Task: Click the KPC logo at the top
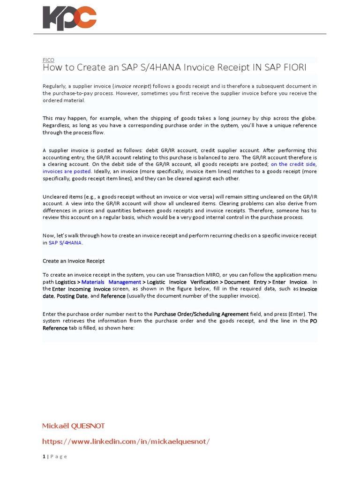(x=69, y=18)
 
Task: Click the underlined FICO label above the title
(x=48, y=60)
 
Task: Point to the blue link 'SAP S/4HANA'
(x=65, y=243)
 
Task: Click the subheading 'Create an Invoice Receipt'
(x=74, y=261)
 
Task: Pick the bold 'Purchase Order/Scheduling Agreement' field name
(x=201, y=314)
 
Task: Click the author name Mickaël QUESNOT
(x=74, y=426)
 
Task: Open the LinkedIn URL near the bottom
(x=126, y=442)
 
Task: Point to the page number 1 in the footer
(x=44, y=457)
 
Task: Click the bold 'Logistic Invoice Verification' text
(x=182, y=282)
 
